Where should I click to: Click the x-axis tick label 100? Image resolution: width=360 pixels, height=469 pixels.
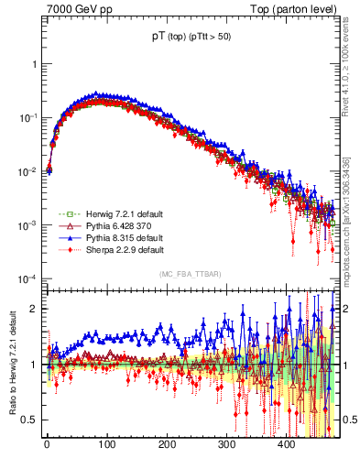point(106,444)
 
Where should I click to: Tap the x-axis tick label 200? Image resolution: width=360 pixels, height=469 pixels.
point(166,444)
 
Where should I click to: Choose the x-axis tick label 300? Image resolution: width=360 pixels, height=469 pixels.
point(226,444)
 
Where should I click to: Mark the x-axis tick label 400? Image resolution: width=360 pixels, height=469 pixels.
point(286,444)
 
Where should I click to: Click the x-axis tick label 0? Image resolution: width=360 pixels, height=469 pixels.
point(47,444)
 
